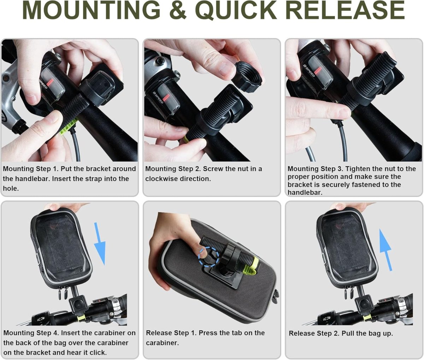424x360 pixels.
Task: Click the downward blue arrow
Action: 100,244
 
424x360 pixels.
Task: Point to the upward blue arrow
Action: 385,250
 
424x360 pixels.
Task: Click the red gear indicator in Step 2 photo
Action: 166,98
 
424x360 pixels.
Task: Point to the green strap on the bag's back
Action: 252,266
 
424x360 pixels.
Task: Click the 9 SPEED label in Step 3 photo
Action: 309,71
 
